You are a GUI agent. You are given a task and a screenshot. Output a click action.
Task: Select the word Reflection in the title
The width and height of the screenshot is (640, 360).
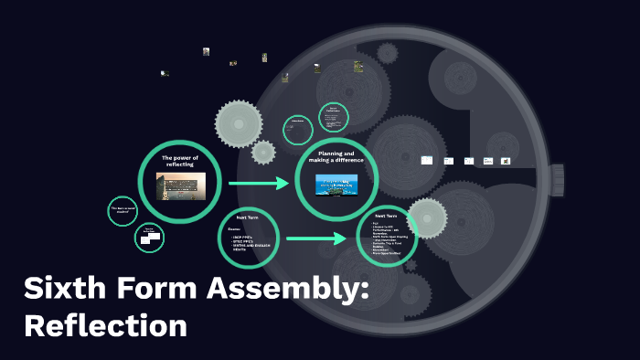pyautogui.click(x=104, y=325)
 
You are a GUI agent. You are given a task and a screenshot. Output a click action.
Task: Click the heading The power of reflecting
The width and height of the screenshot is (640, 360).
pyautogui.click(x=179, y=161)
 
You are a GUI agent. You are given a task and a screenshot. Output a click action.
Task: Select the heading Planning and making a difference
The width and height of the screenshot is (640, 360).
pyautogui.click(x=336, y=157)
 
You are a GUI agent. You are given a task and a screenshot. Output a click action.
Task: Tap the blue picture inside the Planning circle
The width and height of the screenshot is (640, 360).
pyautogui.click(x=336, y=184)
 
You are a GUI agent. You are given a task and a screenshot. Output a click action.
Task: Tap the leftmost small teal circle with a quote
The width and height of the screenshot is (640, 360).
pyautogui.click(x=123, y=210)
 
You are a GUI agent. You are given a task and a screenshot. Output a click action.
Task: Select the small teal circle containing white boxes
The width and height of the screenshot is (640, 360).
pyautogui.click(x=149, y=238)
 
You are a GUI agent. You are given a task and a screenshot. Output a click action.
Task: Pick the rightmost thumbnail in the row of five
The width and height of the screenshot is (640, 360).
pyautogui.click(x=506, y=161)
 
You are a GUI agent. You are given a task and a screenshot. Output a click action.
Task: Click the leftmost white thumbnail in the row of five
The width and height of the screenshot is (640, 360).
pyautogui.click(x=426, y=160)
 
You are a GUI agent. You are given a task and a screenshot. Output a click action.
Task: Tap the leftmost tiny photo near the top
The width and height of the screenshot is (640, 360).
pyautogui.click(x=165, y=73)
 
